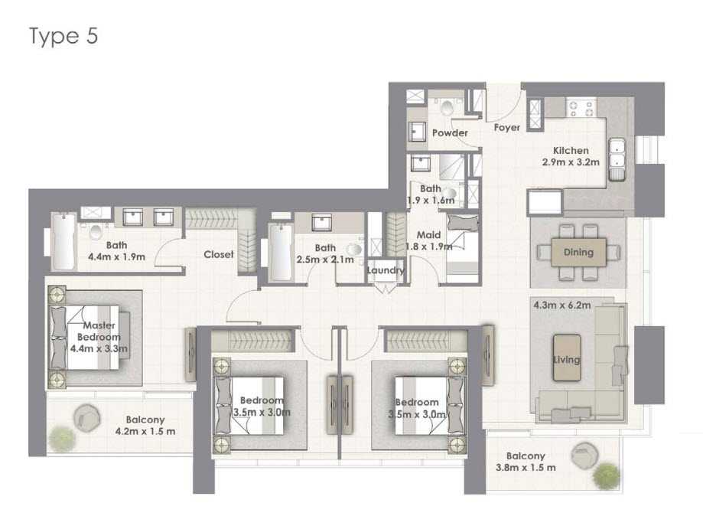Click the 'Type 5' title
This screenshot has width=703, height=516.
tap(63, 36)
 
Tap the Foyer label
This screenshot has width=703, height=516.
tap(507, 127)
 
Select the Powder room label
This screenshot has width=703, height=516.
tap(450, 132)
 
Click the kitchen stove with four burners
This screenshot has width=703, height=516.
tap(581, 107)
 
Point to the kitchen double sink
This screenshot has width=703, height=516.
tap(617, 158)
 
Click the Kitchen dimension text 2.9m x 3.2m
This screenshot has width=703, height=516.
tap(571, 162)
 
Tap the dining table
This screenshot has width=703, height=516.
tap(578, 253)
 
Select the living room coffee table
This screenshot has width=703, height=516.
tap(567, 358)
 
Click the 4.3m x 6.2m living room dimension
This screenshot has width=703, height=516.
tap(561, 305)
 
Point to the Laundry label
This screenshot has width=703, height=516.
tap(385, 270)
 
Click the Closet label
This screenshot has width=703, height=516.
tap(218, 254)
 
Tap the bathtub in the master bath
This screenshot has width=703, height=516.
tap(63, 241)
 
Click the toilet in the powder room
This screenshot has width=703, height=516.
tap(447, 106)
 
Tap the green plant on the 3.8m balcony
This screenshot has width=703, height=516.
tap(607, 476)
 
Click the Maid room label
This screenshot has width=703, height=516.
tap(428, 235)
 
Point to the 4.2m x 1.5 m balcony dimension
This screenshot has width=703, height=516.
tap(145, 432)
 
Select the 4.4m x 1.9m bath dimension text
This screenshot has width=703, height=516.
tap(116, 257)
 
